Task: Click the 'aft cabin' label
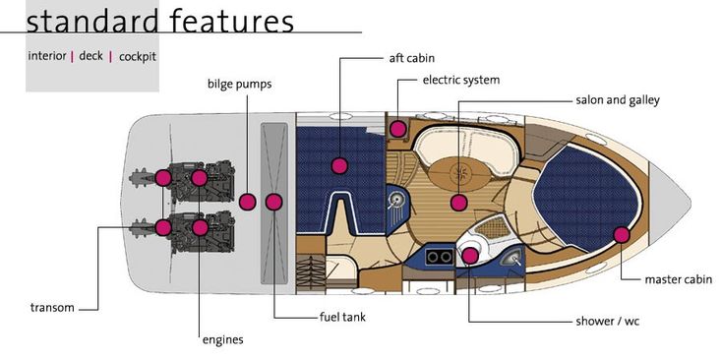(x=411, y=58)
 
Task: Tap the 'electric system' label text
(x=460, y=80)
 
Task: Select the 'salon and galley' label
(x=618, y=100)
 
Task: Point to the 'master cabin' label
(x=679, y=279)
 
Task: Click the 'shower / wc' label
(x=608, y=321)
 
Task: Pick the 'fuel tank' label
(x=342, y=317)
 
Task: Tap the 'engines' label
(x=222, y=340)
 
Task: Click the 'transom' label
(x=52, y=308)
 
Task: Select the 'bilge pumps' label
(x=239, y=85)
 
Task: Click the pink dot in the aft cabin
(x=339, y=165)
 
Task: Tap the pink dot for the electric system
(x=398, y=129)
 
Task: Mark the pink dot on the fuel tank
(x=274, y=203)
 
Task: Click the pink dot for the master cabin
(x=622, y=235)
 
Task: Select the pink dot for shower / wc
(x=469, y=256)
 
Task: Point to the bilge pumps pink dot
(x=248, y=202)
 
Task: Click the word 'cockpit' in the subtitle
(x=138, y=57)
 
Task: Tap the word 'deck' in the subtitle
(x=91, y=56)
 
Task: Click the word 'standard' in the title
(x=91, y=21)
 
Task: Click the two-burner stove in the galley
(x=438, y=257)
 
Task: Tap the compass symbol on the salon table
(x=459, y=173)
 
